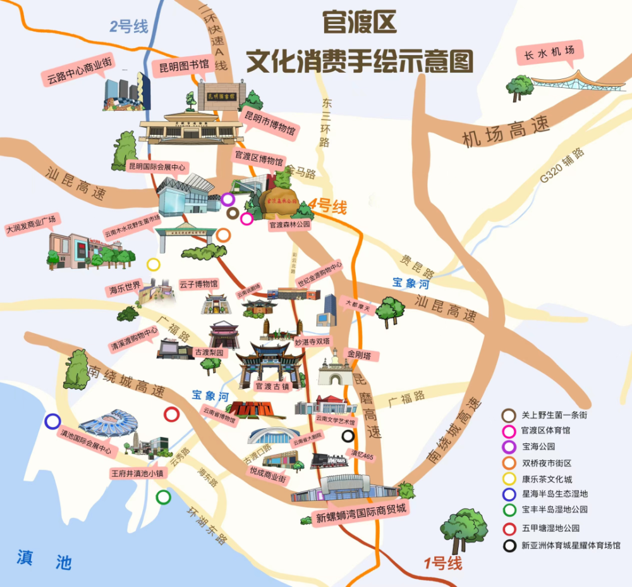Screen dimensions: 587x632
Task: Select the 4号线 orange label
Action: pyautogui.click(x=328, y=206)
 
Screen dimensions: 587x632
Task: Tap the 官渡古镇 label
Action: pyautogui.click(x=271, y=385)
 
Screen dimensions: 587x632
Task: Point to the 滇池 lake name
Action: pyautogui.click(x=44, y=558)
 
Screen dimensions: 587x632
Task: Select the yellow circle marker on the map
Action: pyautogui.click(x=154, y=264)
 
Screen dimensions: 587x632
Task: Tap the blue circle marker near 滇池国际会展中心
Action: pyautogui.click(x=52, y=421)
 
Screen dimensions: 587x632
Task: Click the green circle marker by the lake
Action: pyautogui.click(x=163, y=497)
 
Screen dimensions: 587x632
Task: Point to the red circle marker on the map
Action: pyautogui.click(x=171, y=414)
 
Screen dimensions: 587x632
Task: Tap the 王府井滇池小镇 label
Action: pyautogui.click(x=137, y=472)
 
